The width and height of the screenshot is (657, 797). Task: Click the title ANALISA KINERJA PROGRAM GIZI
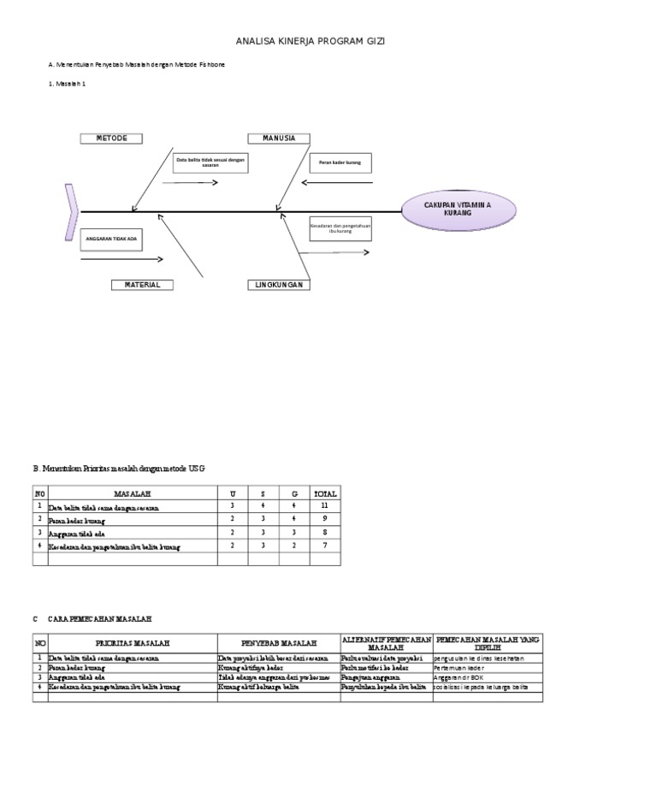click(x=317, y=41)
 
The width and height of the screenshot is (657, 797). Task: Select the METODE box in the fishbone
click(x=111, y=139)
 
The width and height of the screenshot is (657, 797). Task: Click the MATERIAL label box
click(x=142, y=285)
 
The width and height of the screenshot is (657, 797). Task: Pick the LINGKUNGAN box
click(x=279, y=285)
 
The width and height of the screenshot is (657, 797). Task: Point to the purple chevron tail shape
click(x=71, y=210)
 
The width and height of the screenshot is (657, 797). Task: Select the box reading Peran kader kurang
click(x=340, y=162)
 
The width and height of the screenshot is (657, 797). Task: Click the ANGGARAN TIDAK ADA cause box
click(x=112, y=239)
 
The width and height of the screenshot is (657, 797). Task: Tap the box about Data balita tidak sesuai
click(x=210, y=162)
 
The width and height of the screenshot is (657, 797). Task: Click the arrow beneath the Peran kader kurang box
click(x=337, y=181)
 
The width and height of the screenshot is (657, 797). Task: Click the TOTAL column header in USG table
click(x=325, y=493)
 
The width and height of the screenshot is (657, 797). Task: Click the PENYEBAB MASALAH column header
click(x=279, y=642)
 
